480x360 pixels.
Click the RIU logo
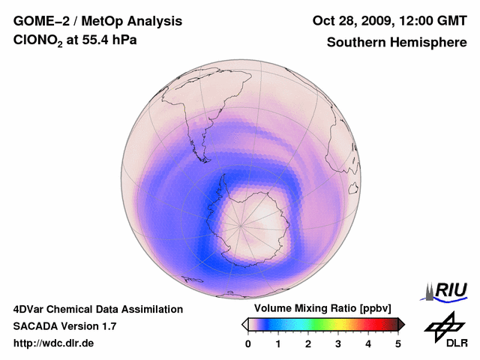point(448,289)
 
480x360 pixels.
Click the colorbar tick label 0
point(248,343)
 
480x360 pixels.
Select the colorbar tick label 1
point(278,343)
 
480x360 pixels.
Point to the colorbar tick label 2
point(308,343)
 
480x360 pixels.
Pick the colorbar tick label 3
point(338,343)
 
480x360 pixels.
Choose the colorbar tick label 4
point(368,343)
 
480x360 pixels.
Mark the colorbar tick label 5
point(398,343)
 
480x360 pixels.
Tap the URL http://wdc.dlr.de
point(54,343)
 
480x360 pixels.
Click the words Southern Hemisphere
point(397,43)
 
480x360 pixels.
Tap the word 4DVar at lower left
point(30,309)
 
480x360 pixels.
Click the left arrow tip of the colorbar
point(244,324)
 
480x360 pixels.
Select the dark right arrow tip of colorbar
point(402,324)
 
